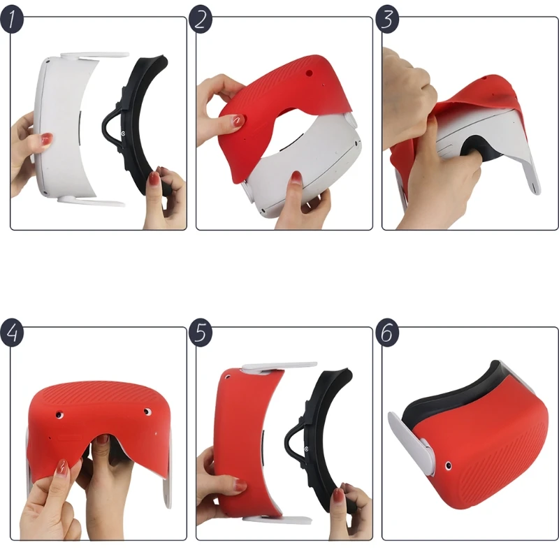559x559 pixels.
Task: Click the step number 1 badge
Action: [x=12, y=20]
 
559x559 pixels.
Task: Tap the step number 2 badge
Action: [x=200, y=20]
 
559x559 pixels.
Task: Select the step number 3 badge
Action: [x=386, y=20]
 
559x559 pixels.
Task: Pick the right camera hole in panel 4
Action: [x=147, y=412]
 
